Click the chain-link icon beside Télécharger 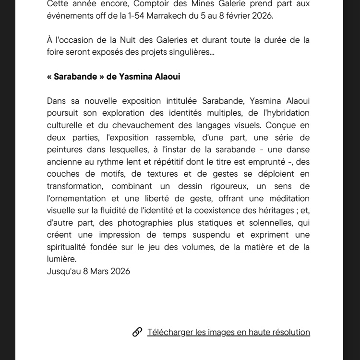point(137,332)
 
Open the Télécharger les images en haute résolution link point(228,332)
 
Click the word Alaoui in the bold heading point(168,76)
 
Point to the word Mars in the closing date point(99,271)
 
